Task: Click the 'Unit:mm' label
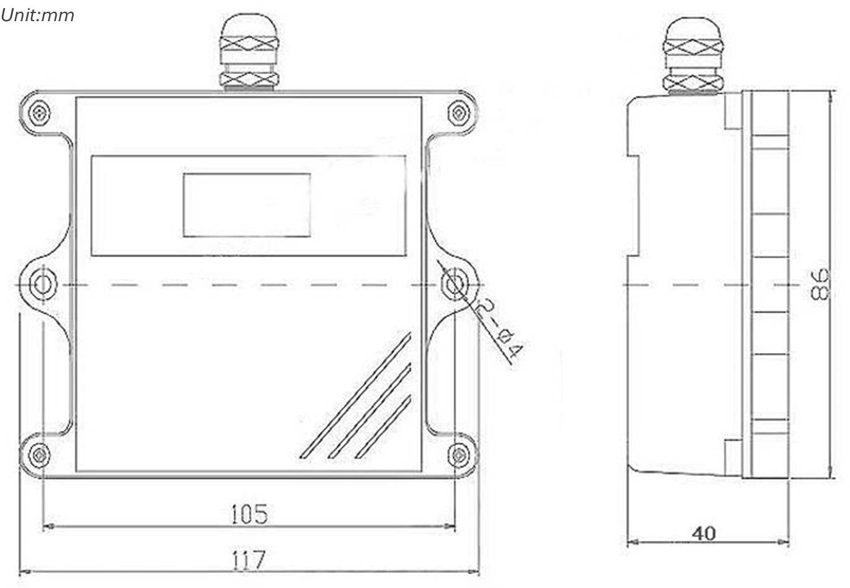click(x=37, y=16)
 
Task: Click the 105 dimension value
click(x=249, y=514)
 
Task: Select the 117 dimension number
click(x=249, y=560)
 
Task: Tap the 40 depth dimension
click(x=704, y=533)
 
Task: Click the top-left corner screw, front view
click(x=39, y=113)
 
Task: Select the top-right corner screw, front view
click(x=459, y=113)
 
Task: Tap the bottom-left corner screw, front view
click(x=39, y=455)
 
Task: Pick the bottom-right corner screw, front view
click(x=459, y=455)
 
